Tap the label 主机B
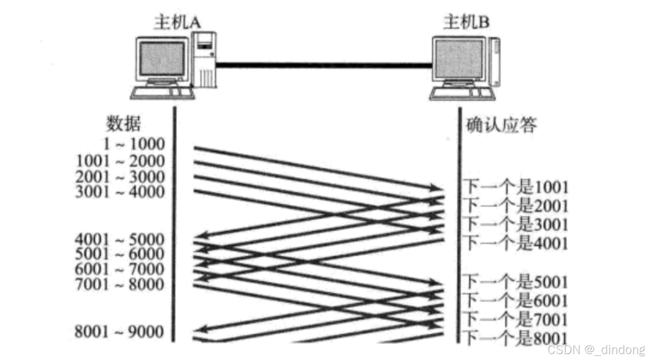(x=465, y=22)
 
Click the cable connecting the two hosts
(x=323, y=65)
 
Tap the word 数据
(x=123, y=124)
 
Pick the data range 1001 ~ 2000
(x=121, y=161)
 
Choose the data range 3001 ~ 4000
(x=121, y=192)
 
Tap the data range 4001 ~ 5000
(x=120, y=239)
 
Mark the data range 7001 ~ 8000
(x=120, y=284)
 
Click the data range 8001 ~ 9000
(x=120, y=332)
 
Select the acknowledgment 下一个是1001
(x=515, y=187)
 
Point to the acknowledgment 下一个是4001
(x=515, y=243)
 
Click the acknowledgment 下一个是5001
(x=515, y=282)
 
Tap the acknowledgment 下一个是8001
(x=515, y=339)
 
